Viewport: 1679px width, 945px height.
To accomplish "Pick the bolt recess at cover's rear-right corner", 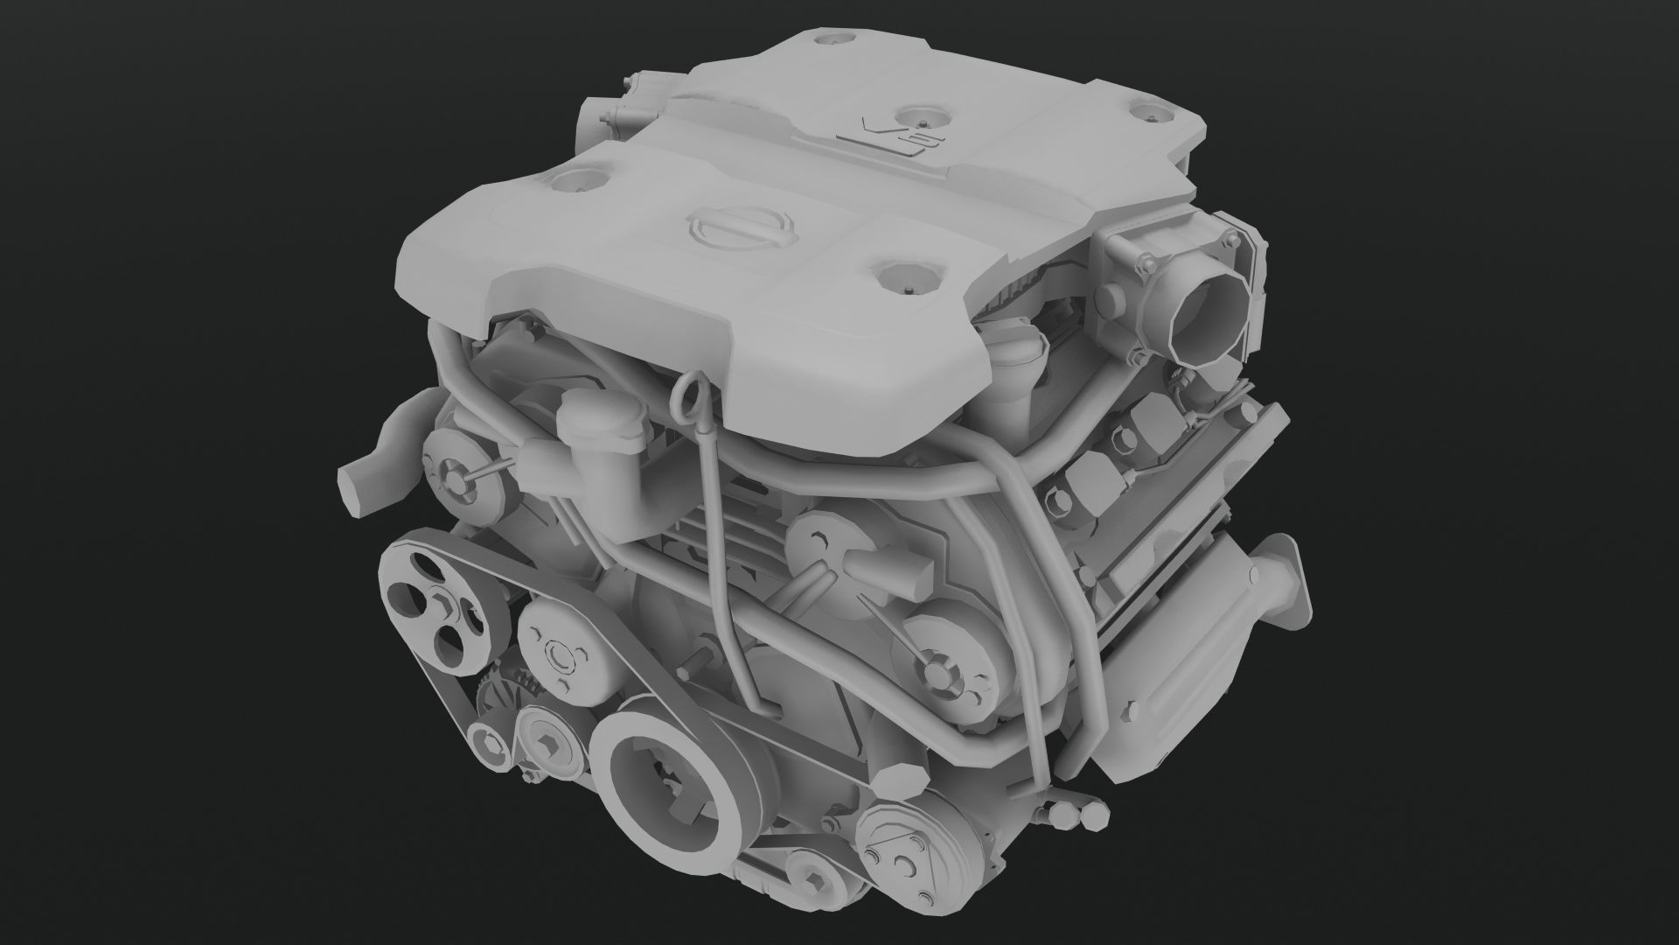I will click(1148, 112).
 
